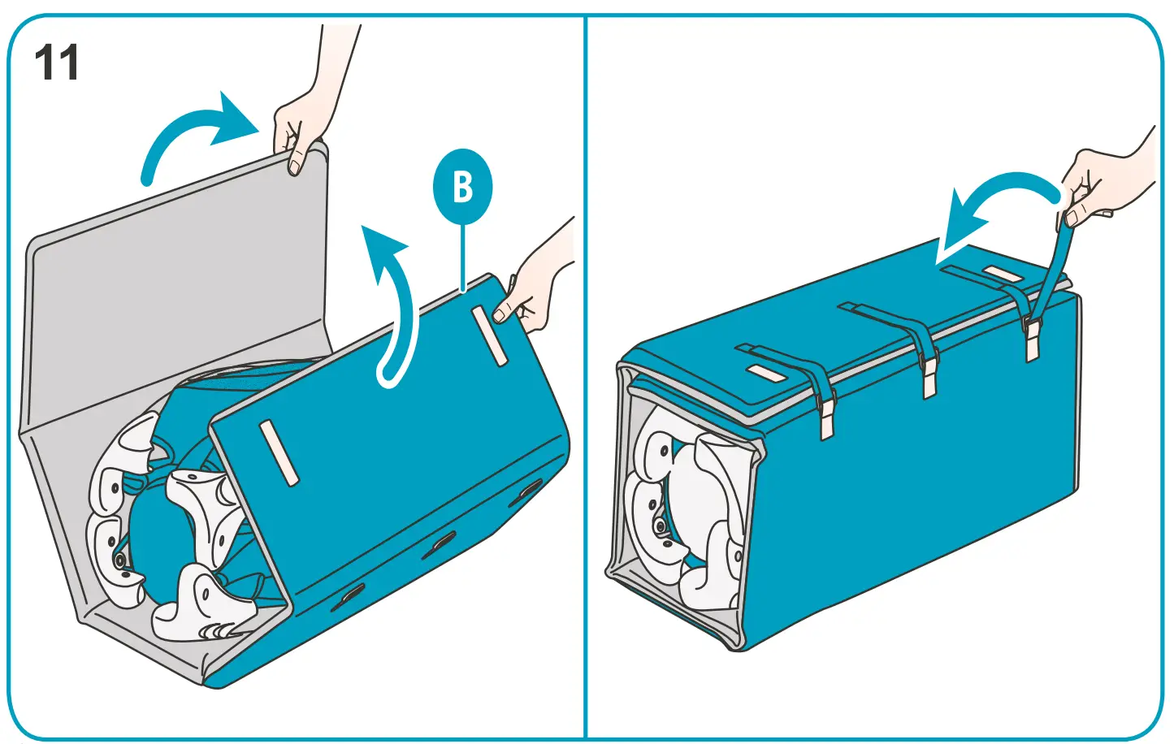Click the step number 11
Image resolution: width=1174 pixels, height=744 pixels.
click(x=57, y=63)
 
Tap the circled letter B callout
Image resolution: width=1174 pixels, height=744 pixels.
click(x=462, y=188)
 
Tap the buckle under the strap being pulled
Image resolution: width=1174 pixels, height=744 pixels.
click(x=1032, y=340)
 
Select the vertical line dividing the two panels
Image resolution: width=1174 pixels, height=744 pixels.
click(x=585, y=374)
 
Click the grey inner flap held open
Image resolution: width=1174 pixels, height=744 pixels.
click(x=179, y=284)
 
